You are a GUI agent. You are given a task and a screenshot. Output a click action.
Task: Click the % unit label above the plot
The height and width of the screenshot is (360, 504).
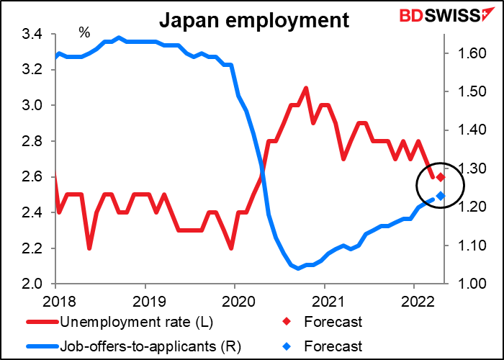(x=85, y=33)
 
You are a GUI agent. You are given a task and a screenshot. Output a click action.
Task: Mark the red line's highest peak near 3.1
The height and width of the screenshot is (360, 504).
(x=306, y=89)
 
